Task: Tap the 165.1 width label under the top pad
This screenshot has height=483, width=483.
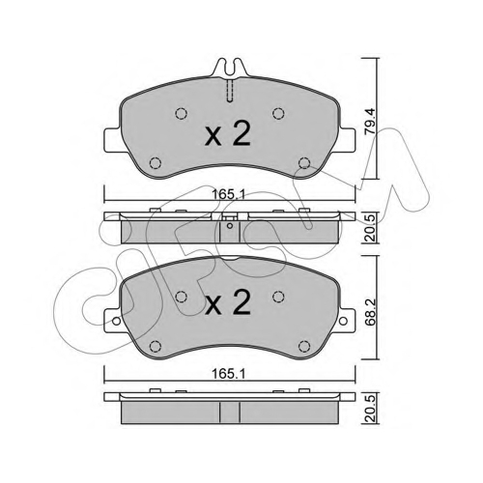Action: point(229,194)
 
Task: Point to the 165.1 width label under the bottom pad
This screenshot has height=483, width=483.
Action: point(229,374)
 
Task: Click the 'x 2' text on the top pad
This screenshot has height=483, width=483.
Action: point(228,134)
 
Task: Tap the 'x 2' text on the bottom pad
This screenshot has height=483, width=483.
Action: point(228,301)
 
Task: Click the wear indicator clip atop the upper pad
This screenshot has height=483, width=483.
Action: point(230,68)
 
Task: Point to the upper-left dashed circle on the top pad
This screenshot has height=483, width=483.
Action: point(182,113)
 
